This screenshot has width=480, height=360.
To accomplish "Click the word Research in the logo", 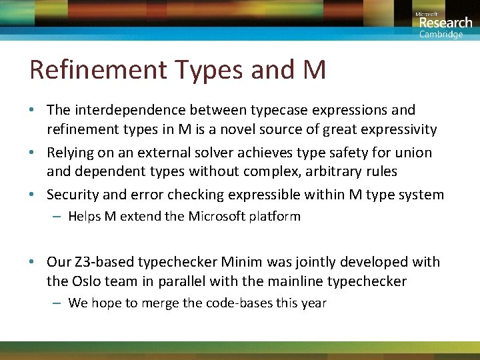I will tap(445, 23).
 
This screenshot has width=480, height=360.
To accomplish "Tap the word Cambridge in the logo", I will tap(441, 35).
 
